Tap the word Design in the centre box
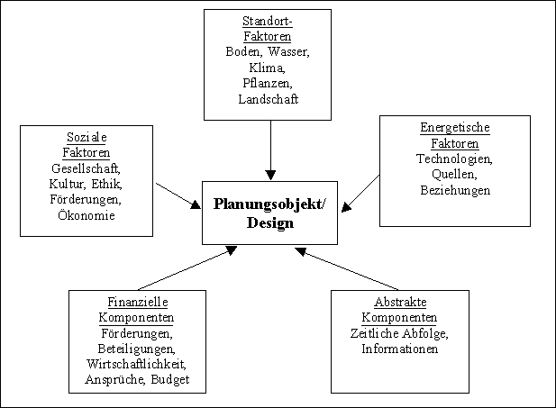270,222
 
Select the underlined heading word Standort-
268,20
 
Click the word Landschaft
268,98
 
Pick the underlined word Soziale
87,137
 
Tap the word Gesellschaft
87,168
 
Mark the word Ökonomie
87,215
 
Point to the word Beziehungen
454,190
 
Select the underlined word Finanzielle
137,302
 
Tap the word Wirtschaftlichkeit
137,364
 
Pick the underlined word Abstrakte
399,302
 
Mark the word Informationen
399,349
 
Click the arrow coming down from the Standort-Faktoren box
270,149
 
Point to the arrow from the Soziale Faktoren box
178,195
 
